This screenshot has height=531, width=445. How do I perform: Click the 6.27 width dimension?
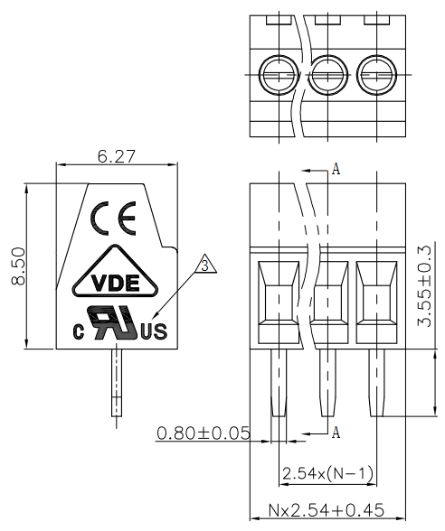point(117,156)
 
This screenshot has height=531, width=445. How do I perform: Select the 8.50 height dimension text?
point(18,266)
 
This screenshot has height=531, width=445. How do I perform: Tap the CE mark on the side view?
point(113,219)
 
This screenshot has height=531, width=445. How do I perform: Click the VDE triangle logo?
point(116,271)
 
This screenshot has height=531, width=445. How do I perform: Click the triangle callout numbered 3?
point(205,264)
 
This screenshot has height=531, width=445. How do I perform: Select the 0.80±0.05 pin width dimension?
point(204,433)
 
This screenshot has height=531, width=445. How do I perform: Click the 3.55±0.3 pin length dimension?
point(425,285)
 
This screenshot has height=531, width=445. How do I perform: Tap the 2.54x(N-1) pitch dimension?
point(327,473)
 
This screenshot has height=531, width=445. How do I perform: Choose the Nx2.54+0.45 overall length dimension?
point(327,510)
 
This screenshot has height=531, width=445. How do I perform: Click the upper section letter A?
point(336,169)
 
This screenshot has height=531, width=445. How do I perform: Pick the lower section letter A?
point(336,432)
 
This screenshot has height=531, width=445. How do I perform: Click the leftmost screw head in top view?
point(279,74)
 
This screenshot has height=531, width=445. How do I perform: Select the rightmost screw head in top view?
point(376,74)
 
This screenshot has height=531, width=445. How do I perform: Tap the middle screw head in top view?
point(328,74)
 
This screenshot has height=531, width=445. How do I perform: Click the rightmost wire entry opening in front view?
point(376,302)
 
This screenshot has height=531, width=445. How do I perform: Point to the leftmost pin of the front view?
point(279,383)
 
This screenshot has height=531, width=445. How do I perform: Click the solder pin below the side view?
point(117,383)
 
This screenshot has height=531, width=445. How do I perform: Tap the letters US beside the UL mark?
point(155,331)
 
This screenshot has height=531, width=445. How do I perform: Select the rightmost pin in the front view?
point(376,383)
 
